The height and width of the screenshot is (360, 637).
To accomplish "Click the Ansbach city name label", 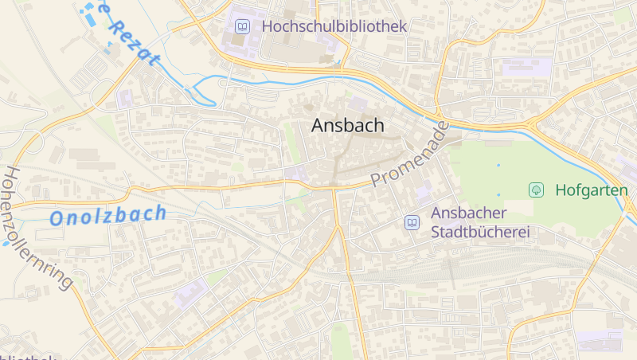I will [347, 125].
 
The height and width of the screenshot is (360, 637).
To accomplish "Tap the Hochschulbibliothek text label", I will [334, 26].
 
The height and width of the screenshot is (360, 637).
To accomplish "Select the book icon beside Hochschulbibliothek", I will [242, 27].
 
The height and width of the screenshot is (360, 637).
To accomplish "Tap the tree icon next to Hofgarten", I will [537, 190].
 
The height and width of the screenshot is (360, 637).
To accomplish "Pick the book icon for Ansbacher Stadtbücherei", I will [412, 222].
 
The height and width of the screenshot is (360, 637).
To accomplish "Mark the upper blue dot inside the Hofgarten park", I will [499, 165].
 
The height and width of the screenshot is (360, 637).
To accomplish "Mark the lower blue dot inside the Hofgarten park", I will [499, 194].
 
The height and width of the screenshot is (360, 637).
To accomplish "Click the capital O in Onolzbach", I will [57, 218].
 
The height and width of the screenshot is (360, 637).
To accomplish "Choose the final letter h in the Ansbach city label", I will [378, 125].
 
